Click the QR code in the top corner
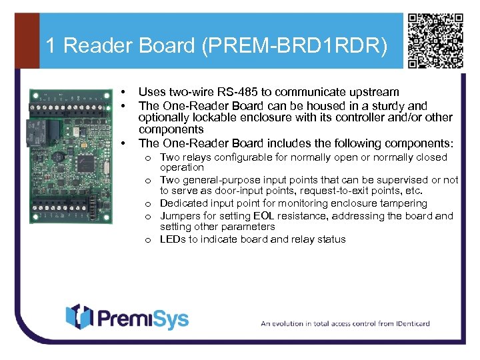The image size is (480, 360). click(x=435, y=41)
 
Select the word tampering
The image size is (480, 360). click(x=403, y=203)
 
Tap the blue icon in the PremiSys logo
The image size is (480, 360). click(x=78, y=317)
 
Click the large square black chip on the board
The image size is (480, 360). click(x=87, y=163)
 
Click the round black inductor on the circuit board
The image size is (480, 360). click(x=59, y=157)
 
